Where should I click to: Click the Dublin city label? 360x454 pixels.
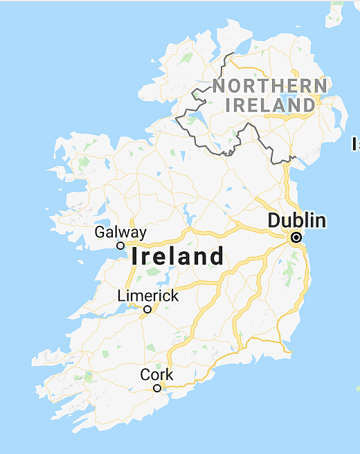point(296,221)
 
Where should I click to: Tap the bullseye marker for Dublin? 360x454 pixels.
point(296,237)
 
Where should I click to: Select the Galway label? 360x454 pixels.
point(120,233)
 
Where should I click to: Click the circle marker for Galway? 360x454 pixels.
point(120,245)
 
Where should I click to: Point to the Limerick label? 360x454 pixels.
point(147,296)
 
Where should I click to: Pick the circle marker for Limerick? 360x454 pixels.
point(147,309)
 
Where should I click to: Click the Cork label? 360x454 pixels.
point(156,375)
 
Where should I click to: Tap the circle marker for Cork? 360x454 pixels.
point(157,388)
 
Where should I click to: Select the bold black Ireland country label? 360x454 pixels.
point(178,257)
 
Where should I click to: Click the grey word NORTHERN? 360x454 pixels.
point(269,87)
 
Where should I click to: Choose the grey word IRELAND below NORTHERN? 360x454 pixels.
point(270,105)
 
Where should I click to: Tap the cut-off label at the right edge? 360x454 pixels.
point(356,144)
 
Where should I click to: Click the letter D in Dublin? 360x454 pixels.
point(273,221)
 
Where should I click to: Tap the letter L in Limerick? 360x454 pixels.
point(121,296)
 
